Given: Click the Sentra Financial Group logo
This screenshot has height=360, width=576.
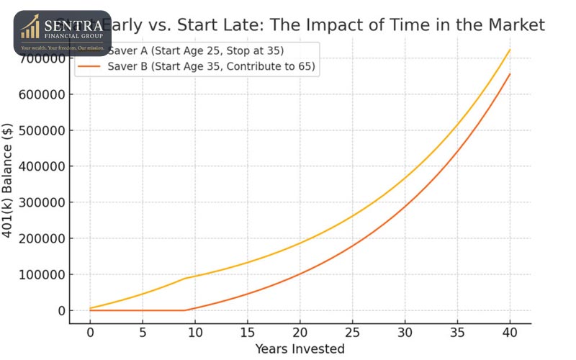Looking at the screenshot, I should click(62, 33).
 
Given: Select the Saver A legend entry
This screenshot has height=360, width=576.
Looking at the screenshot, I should click(195, 51).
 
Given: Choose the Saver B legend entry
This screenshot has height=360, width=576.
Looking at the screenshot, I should click(212, 67).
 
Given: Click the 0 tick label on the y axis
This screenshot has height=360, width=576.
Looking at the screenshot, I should click(63, 310).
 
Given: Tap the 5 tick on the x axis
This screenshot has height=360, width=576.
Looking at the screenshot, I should click(143, 333).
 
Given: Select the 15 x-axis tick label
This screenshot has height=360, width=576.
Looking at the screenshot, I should click(247, 333).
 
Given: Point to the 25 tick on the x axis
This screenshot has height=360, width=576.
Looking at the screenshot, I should click(352, 333).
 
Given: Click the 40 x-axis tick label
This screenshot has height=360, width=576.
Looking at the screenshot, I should click(510, 333).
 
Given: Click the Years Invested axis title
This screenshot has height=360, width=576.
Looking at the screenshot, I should click(300, 349).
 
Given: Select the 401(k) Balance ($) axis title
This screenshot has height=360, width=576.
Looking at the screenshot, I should click(9, 184).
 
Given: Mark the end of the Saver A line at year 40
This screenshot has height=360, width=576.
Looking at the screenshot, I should click(510, 50).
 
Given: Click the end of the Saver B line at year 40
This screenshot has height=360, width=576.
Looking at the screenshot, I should click(510, 73).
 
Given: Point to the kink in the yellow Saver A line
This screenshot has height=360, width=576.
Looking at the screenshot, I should click(185, 278).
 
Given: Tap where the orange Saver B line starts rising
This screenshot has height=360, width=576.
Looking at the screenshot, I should click(185, 310).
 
